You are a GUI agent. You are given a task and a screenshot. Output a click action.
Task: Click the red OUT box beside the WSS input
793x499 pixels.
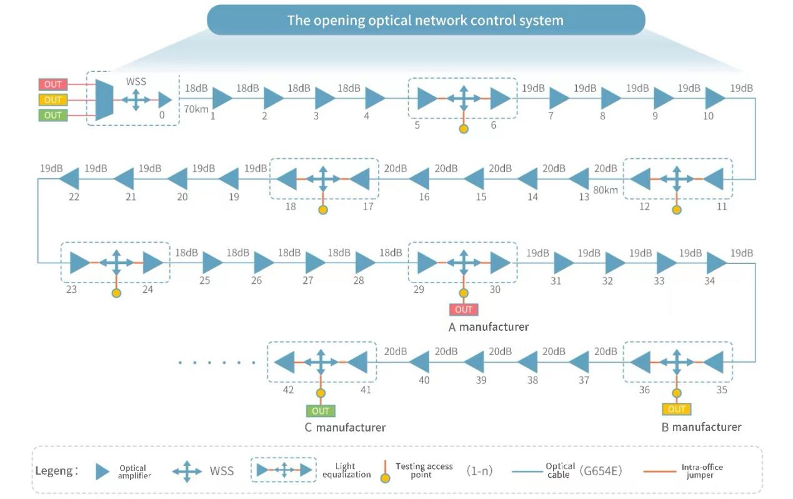click(52, 84)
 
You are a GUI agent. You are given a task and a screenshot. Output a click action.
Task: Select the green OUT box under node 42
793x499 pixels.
click(321, 411)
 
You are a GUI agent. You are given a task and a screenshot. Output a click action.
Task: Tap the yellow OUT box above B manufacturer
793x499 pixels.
click(677, 409)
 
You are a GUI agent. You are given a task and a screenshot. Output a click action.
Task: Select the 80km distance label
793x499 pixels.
click(605, 189)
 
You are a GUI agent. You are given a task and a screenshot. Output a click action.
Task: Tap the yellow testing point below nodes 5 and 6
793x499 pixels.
click(463, 129)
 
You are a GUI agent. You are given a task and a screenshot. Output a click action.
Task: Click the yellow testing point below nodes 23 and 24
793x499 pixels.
click(116, 293)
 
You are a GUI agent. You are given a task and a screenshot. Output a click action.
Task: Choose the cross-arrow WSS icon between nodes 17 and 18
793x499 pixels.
click(323, 179)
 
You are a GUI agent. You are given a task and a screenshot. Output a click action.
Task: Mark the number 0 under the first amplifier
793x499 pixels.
click(162, 115)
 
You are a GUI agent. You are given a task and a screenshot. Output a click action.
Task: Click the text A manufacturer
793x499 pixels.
click(489, 327)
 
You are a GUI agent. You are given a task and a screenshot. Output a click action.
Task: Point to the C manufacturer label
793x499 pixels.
click(345, 428)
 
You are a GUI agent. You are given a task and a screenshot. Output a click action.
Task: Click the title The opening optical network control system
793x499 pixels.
click(425, 20)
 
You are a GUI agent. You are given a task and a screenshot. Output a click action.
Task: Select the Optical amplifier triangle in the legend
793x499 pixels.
click(102, 471)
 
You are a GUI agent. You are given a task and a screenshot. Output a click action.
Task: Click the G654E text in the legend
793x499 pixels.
click(601, 471)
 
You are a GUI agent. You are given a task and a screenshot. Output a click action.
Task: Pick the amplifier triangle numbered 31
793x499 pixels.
click(564, 263)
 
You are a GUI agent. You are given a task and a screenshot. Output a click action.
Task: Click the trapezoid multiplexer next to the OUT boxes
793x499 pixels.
click(103, 99)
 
